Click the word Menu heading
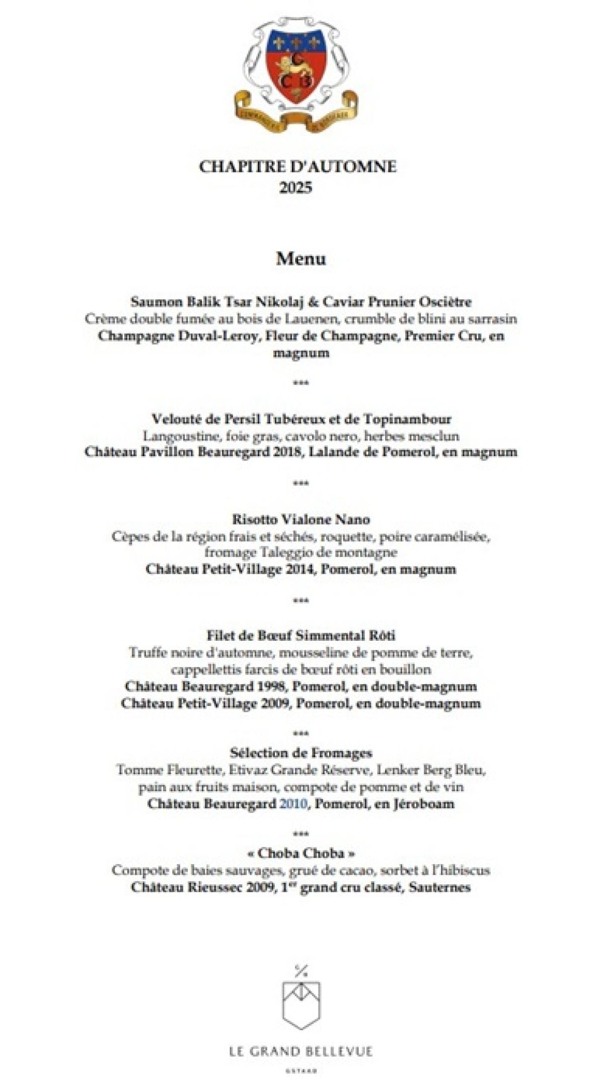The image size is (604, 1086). (x=301, y=259)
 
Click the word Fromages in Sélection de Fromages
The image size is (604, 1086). (x=342, y=753)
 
